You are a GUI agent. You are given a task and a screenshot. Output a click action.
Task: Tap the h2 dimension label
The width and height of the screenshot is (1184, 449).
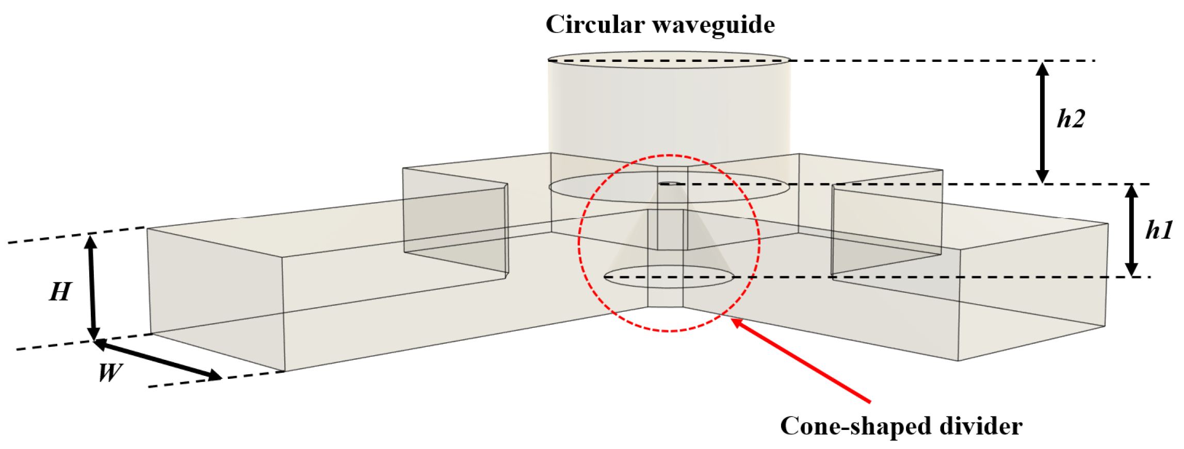(1071, 119)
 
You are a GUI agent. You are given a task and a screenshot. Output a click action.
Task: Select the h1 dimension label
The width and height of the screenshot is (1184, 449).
(1159, 230)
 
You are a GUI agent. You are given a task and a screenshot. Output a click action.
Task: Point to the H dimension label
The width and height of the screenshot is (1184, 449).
(60, 292)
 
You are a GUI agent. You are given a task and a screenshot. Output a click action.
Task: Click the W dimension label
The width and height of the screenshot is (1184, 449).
(110, 372)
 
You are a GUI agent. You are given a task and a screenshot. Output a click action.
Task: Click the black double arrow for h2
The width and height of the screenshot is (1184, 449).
(1043, 122)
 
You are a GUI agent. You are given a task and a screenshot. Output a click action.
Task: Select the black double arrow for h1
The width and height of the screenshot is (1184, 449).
(1131, 230)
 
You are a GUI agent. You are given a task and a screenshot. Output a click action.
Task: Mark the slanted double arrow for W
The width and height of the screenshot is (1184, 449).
(157, 359)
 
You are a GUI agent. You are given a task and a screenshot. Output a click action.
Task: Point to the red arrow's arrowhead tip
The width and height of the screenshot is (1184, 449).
(733, 320)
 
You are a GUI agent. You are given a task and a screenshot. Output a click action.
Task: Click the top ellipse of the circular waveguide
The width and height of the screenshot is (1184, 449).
(669, 60)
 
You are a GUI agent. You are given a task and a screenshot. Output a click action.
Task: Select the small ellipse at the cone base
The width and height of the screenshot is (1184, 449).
(669, 276)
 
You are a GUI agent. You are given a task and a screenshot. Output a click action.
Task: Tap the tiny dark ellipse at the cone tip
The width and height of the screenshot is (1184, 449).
(669, 183)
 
